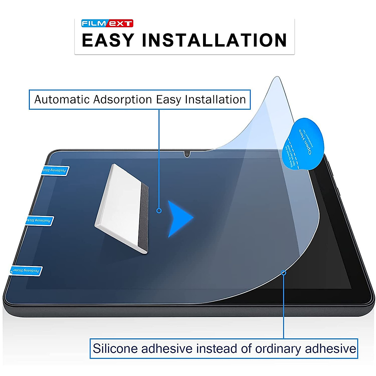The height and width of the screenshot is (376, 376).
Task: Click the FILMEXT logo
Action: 107,23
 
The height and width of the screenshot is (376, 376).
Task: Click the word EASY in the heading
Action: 108,40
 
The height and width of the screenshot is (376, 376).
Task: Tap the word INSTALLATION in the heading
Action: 214,40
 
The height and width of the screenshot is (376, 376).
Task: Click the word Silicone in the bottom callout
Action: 115,348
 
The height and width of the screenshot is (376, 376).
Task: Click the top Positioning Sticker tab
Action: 55,171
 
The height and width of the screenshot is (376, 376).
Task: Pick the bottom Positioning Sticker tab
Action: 26,271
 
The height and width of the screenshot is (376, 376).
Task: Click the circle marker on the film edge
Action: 284,273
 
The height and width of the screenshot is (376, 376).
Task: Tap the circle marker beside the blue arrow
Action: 159,211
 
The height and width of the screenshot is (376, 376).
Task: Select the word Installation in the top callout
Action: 215,100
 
